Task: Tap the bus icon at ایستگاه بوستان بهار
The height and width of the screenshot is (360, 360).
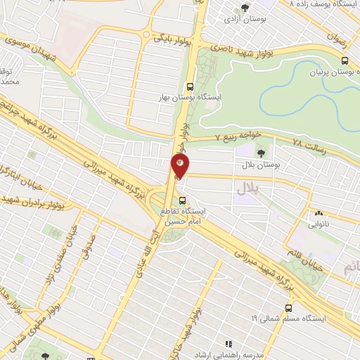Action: click(189, 87)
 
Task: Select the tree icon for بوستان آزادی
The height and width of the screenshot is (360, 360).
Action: click(245, 8)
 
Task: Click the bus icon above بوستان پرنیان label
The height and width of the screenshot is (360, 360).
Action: click(343, 61)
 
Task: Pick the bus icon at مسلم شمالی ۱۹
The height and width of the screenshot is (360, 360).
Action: click(289, 307)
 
